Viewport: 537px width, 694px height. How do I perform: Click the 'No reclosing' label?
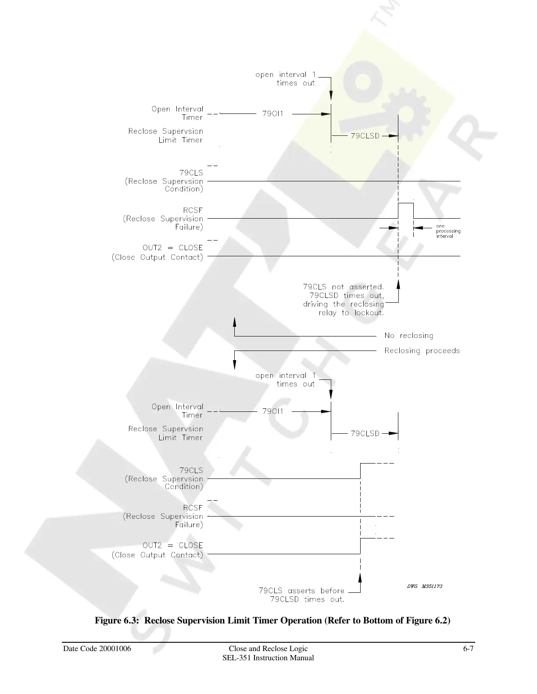pos(408,336)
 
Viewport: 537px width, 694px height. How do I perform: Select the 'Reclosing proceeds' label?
pos(422,351)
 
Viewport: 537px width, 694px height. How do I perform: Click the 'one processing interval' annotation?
pos(448,231)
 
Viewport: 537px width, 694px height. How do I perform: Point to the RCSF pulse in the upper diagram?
pos(405,204)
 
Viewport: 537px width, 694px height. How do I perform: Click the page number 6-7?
pos(468,649)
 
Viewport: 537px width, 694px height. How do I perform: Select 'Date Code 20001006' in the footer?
pos(97,649)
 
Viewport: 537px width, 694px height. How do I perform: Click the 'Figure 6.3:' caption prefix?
pos(118,620)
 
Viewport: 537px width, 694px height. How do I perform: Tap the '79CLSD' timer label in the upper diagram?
pos(365,136)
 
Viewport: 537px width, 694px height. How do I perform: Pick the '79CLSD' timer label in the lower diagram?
pos(365,433)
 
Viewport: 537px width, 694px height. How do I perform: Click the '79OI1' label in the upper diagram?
pos(273,114)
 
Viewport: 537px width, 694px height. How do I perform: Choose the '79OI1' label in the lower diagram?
pos(273,411)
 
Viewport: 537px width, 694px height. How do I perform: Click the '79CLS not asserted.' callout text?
pos(344,287)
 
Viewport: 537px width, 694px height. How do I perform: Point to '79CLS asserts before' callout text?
pos(301,591)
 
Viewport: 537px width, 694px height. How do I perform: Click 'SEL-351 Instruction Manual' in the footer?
pos(268,658)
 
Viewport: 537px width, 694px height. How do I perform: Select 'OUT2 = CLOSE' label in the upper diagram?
pos(172,248)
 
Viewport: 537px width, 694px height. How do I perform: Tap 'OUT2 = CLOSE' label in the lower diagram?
pos(172,545)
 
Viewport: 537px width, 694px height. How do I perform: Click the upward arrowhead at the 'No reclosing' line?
pos(235,322)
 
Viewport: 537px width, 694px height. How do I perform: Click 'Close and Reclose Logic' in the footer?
pos(268,649)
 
